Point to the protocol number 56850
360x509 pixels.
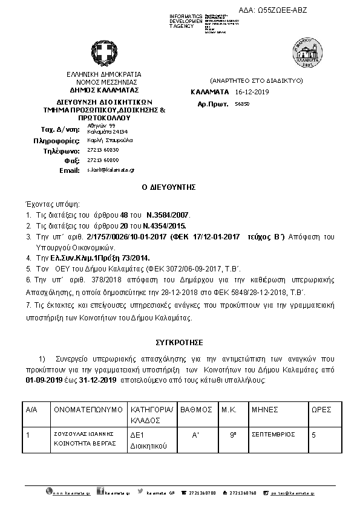coord(241,104)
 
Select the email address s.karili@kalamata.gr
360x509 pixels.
coord(110,170)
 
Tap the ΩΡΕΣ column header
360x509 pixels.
coord(321,409)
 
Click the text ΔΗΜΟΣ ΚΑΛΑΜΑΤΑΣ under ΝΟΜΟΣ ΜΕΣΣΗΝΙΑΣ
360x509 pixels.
coord(103,89)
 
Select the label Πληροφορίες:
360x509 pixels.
coord(57,140)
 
